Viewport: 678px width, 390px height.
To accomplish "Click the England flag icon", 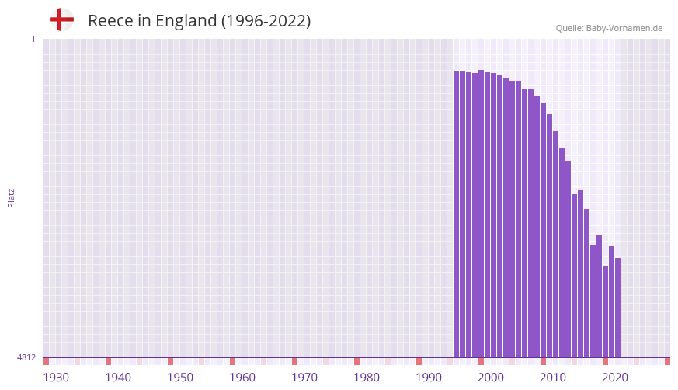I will coord(62,19).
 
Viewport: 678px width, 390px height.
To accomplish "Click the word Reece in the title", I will coord(108,21).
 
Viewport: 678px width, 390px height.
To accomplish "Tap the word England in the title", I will coord(186,21).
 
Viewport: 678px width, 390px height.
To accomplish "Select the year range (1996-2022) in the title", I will coord(266,21).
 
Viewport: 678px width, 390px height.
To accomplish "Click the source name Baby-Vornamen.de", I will coord(625,28).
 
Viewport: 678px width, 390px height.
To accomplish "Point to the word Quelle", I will coord(569,28).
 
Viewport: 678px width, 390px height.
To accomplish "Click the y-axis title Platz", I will coord(11,198).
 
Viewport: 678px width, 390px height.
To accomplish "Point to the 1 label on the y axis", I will coord(33,39).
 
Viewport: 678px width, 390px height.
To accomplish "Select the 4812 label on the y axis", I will coord(26,358).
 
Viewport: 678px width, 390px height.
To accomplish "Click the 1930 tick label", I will coord(56,378).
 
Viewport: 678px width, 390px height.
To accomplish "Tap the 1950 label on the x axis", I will coord(180,378).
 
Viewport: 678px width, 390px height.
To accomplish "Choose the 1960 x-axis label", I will coord(242,378).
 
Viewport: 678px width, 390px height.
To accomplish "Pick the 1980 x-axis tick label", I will coord(367,378).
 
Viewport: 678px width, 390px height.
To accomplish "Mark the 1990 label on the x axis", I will coord(429,378).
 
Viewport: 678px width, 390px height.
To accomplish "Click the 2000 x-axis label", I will coord(491,378).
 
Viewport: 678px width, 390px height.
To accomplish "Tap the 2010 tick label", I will coord(553,378).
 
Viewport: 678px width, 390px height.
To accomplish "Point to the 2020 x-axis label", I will coord(615,378).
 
